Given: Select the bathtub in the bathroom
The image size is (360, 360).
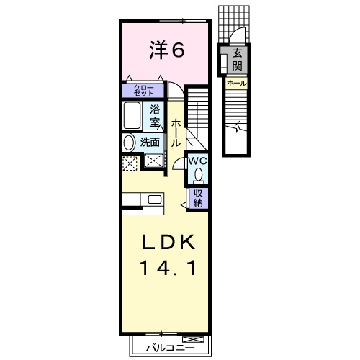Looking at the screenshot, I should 132,114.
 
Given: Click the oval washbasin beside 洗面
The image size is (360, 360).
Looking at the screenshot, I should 128,143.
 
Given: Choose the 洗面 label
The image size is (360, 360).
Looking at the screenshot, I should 150,143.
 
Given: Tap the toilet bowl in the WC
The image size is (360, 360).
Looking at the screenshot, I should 199,175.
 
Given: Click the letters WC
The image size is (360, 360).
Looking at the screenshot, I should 199,161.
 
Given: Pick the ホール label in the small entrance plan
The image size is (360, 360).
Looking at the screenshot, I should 237,84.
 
